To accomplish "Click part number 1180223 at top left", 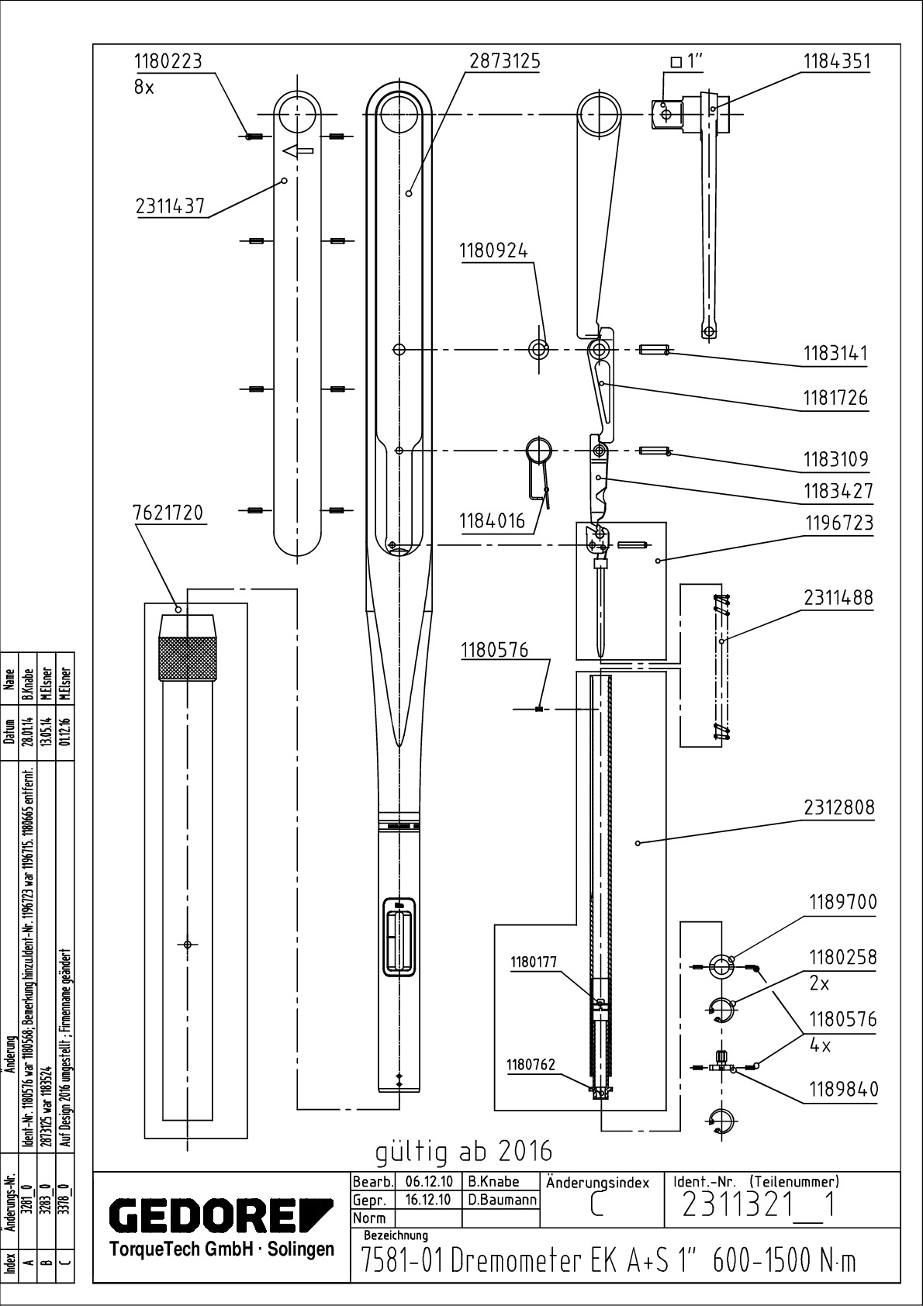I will point(168,61).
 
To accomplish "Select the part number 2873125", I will point(504,61).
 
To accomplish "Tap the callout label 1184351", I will point(836,61).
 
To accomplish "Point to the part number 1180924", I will point(493,251).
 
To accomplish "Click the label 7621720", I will point(168,513).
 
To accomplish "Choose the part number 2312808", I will point(838,807).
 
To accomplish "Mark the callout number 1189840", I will point(844,1089).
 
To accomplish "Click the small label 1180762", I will point(531,1065).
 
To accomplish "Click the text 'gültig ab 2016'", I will point(464,1151).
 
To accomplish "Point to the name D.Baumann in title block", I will point(503,1200).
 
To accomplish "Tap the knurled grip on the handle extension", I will point(187,658).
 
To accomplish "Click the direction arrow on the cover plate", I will point(297,152).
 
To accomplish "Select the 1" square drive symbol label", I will point(690,62).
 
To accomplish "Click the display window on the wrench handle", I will point(400,937).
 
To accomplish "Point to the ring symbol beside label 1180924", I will point(538,349).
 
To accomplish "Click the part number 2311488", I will point(838,597).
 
